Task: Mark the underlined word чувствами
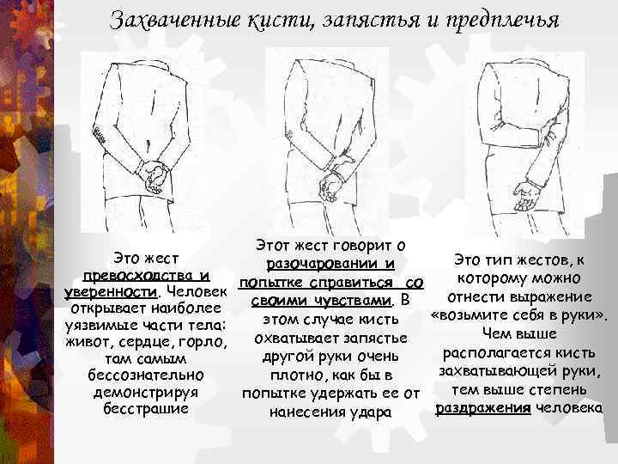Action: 354,301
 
